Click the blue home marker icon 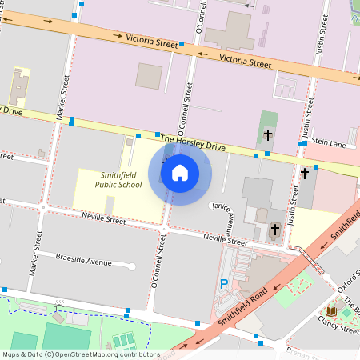tap(180, 172)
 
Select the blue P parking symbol tap(224, 284)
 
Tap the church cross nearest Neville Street tap(274, 230)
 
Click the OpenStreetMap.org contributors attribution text tap(80, 354)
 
